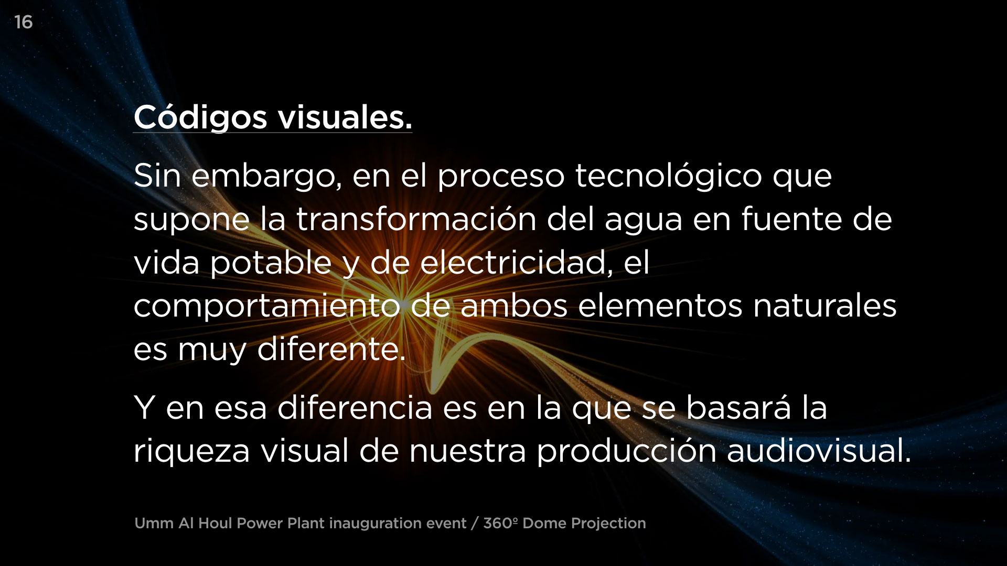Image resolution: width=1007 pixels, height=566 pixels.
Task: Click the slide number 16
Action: coord(24,22)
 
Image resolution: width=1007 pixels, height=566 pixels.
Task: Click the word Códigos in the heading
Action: coord(200,117)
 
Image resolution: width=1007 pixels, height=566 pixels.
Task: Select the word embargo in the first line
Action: coord(267,177)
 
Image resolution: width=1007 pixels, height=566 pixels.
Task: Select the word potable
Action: coord(271,264)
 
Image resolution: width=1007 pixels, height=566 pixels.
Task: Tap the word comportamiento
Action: coord(267,307)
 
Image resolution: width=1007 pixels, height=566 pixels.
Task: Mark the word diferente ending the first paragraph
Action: coord(331,349)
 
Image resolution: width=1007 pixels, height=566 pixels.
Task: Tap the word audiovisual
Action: coord(819,451)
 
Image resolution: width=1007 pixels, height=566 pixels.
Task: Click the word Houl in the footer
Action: coord(216,523)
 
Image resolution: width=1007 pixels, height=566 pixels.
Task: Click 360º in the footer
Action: coord(501,523)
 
